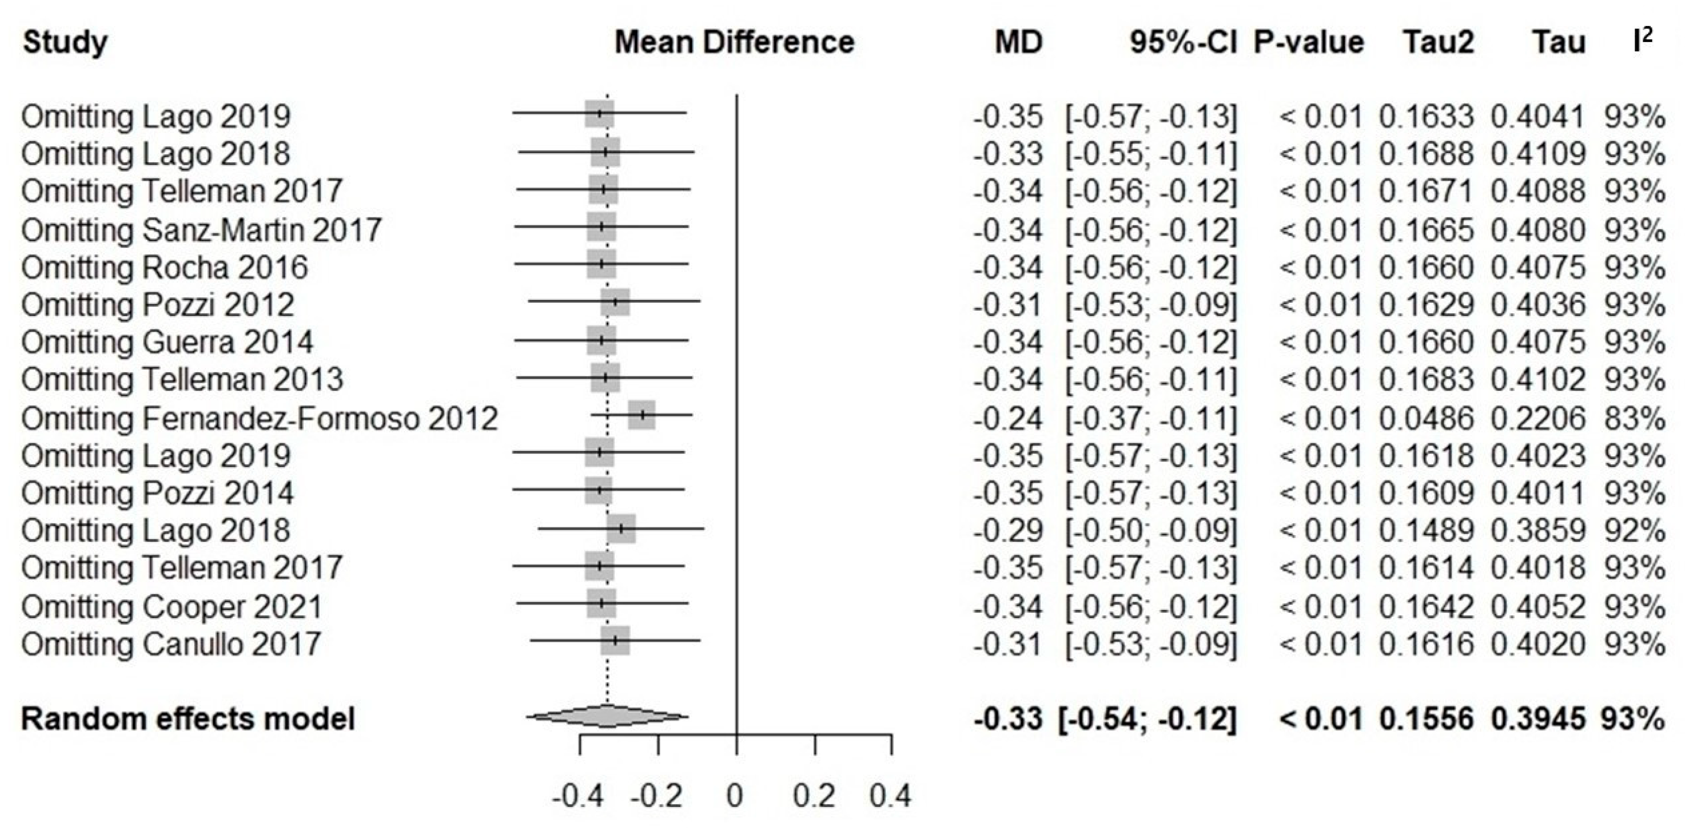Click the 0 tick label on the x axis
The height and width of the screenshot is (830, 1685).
(x=735, y=796)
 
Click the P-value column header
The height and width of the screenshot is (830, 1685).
(x=1308, y=42)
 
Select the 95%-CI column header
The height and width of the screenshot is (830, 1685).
(x=1183, y=42)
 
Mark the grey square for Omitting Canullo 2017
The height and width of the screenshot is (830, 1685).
(x=615, y=640)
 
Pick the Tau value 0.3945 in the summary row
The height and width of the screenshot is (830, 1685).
(x=1538, y=719)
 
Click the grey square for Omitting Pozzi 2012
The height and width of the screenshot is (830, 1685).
(x=615, y=302)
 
